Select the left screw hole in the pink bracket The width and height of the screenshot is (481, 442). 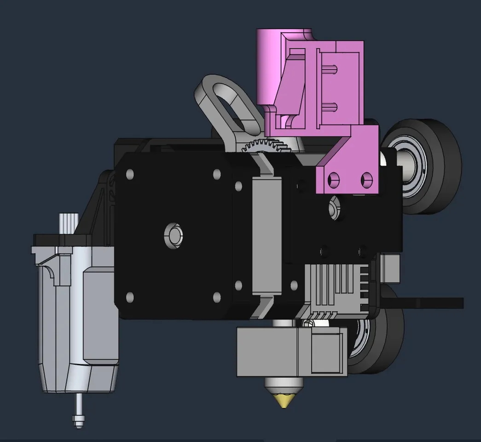click(x=333, y=178)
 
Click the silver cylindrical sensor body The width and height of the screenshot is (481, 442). click(x=76, y=318)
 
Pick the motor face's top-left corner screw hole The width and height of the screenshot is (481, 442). click(x=130, y=174)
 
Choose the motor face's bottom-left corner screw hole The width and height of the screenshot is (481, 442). click(x=130, y=297)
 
